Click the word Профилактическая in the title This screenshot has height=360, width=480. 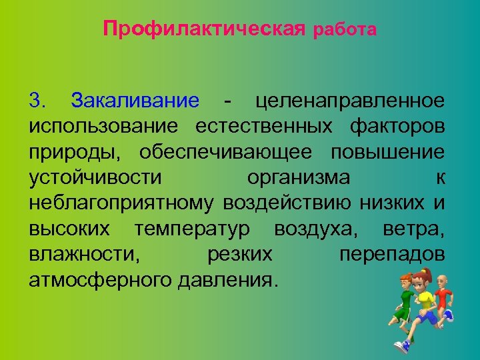click(x=204, y=30)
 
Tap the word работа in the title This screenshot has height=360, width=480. click(x=344, y=31)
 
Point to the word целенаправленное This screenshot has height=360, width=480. click(x=350, y=101)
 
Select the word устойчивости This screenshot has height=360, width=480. click(x=96, y=177)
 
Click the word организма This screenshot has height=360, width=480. click(x=298, y=177)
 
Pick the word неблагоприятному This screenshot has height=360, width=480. click(x=121, y=203)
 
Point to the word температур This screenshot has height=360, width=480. click(x=192, y=228)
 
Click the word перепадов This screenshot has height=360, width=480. click(x=392, y=253)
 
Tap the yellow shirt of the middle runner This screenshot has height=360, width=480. click(x=424, y=304)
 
